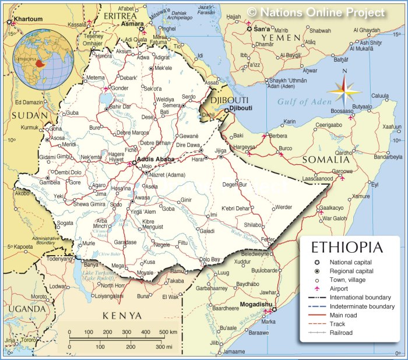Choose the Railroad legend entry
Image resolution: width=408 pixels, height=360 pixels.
coord(340,333)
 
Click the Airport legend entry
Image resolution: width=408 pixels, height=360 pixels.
coord(339,289)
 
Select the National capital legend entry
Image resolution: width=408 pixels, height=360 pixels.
coord(350,262)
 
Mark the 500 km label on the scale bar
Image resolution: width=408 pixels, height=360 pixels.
coord(169,331)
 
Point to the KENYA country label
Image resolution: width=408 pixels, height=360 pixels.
coord(122,315)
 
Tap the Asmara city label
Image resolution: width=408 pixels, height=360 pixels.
coord(132,25)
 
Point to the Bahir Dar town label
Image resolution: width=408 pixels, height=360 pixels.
coord(120,107)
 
